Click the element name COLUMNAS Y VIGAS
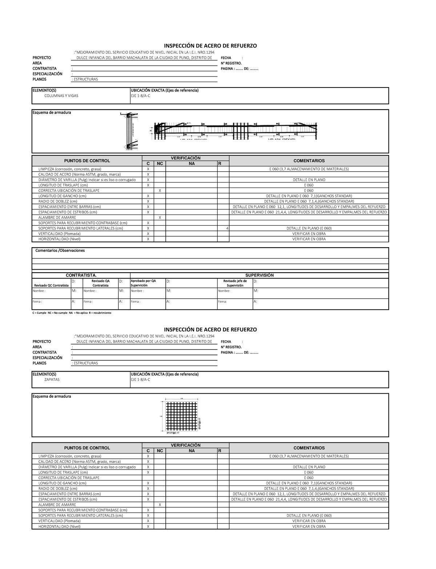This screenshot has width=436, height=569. [x=61, y=96]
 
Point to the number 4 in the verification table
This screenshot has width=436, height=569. [x=227, y=229]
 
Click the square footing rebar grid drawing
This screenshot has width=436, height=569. [x=182, y=415]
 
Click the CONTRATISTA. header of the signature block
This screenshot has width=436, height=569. [x=81, y=275]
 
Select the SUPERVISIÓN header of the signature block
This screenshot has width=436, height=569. [x=259, y=275]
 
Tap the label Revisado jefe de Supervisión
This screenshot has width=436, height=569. [x=235, y=283]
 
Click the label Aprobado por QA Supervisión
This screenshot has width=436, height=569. [x=143, y=283]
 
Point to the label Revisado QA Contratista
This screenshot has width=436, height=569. [x=100, y=283]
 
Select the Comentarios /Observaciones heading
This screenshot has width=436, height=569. [x=60, y=251]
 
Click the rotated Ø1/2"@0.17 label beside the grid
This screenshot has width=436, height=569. [x=199, y=423]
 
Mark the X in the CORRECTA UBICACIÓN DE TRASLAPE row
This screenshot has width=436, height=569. [x=160, y=191]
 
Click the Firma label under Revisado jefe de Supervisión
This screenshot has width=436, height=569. [x=222, y=302]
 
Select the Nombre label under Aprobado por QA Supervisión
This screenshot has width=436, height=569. [x=137, y=291]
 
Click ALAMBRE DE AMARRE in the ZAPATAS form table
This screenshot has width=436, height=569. [x=57, y=505]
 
